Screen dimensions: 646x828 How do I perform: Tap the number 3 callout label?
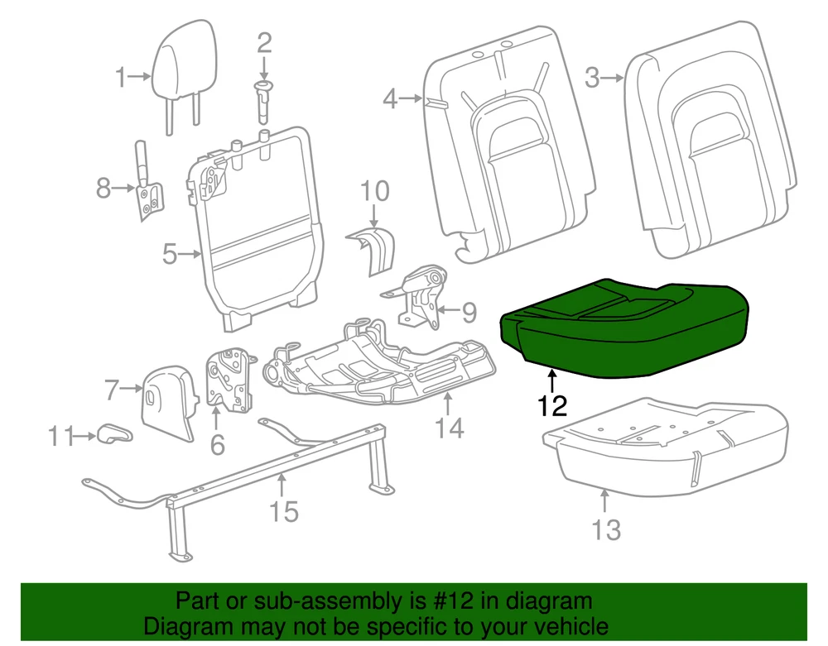click(x=591, y=79)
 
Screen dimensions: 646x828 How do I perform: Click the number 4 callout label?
click(x=391, y=99)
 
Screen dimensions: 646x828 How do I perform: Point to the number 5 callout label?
click(x=170, y=254)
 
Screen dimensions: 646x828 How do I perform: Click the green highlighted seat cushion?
click(x=625, y=327)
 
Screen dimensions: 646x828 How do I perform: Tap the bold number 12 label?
click(x=552, y=406)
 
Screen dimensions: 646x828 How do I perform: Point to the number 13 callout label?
click(x=606, y=529)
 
